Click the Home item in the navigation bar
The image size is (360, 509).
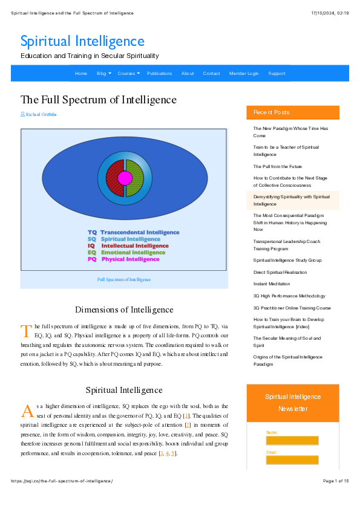(x=81, y=74)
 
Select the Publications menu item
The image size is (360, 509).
(x=160, y=74)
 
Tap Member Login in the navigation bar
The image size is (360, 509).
(x=244, y=74)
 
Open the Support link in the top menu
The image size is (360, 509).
(x=277, y=74)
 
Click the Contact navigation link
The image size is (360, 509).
(x=212, y=74)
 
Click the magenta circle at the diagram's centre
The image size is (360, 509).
(x=125, y=178)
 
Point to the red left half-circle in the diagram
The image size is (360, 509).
(x=113, y=178)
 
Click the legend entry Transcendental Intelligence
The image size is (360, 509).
(x=133, y=232)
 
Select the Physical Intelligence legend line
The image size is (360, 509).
(x=123, y=259)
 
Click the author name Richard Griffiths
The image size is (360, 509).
(x=41, y=114)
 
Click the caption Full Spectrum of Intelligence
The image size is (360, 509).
(x=124, y=279)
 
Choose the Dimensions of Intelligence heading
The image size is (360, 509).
(x=124, y=310)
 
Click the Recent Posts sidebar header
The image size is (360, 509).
(x=272, y=112)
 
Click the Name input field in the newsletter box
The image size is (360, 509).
(x=292, y=441)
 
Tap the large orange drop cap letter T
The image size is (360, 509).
(x=26, y=330)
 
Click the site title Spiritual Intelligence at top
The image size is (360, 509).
(x=82, y=41)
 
